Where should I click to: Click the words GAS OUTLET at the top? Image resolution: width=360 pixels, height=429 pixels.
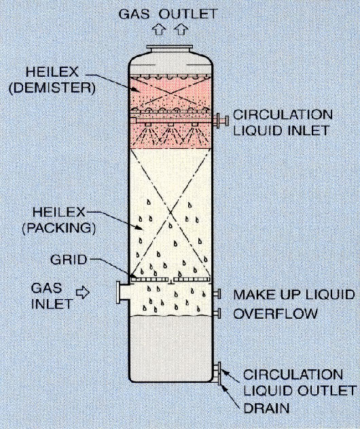(x=168, y=14)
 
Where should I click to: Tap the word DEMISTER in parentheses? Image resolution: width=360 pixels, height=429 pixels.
(x=52, y=88)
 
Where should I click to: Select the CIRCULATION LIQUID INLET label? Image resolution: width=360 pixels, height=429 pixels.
(x=283, y=122)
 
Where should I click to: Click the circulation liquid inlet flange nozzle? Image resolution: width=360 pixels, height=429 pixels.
(x=221, y=120)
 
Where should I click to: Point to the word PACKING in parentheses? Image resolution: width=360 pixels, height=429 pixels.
(x=59, y=228)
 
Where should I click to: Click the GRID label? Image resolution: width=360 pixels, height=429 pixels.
(x=69, y=260)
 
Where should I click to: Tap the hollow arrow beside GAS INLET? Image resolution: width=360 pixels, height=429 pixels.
(x=83, y=292)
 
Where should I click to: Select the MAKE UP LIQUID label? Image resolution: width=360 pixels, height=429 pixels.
(x=294, y=294)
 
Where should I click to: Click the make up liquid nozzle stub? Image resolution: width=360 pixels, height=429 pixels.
(x=217, y=294)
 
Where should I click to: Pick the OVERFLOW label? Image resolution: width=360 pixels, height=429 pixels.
(x=276, y=313)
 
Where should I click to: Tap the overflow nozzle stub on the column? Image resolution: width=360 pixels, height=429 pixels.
(x=217, y=313)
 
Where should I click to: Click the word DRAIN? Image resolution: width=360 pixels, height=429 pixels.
(x=266, y=409)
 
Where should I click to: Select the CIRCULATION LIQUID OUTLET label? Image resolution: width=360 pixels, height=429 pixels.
(x=300, y=383)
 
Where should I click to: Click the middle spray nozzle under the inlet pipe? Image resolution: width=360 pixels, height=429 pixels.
(x=170, y=125)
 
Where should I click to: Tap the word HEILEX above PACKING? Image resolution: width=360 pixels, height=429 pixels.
(x=59, y=212)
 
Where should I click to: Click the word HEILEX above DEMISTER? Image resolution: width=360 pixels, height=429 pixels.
(x=52, y=72)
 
